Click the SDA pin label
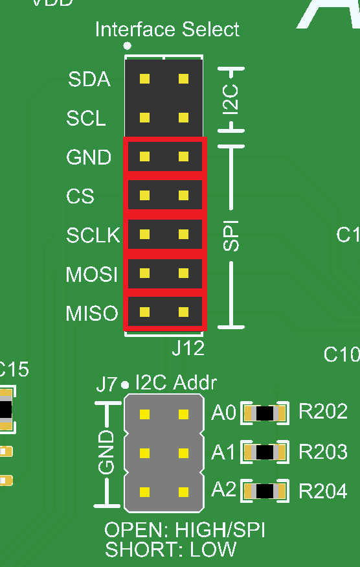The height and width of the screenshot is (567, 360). [x=89, y=80]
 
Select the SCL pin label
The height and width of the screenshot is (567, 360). [x=86, y=119]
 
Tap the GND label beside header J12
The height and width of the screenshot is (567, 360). [x=89, y=157]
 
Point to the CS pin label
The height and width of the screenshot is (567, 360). [x=80, y=196]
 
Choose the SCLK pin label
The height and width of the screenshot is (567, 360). [x=93, y=235]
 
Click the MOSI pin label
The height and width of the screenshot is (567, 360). [x=92, y=275]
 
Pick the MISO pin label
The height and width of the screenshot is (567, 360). [x=92, y=314]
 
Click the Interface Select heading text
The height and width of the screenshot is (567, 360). [x=167, y=29]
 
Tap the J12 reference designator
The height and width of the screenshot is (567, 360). [x=188, y=348]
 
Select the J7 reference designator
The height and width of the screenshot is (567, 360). [x=107, y=384]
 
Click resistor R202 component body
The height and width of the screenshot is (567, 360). [x=264, y=413]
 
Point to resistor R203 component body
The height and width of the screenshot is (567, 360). [x=264, y=452]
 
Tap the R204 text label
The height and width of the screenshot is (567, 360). [x=322, y=491]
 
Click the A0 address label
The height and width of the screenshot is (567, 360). [x=223, y=413]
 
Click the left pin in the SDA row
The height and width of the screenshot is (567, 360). [x=144, y=79]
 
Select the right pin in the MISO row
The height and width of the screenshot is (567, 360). [x=184, y=314]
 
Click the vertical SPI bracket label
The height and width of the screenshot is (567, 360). [x=231, y=235]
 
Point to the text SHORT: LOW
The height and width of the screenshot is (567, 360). [x=170, y=550]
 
